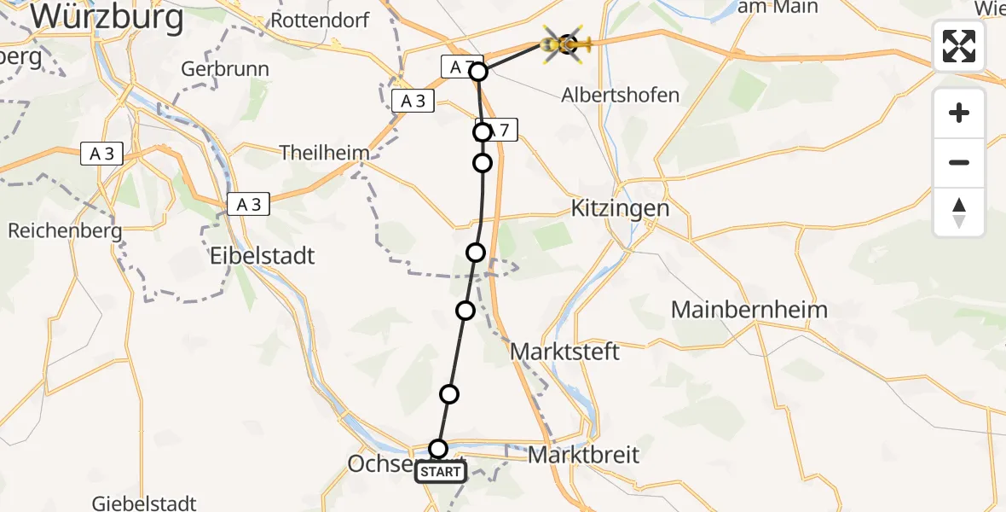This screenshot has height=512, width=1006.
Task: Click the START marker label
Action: coord(441,472)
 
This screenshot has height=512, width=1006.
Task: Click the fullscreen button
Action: coord(959,46)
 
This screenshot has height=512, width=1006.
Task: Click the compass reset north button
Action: coord(959,212)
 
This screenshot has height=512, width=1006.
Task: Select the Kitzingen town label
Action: coord(620,208)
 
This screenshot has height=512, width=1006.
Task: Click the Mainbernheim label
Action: coord(749,309)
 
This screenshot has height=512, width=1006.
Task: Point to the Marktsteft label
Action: coord(564,351)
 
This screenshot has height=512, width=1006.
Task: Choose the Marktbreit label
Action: coord(583,455)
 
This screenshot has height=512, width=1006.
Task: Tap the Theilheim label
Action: coord(325,154)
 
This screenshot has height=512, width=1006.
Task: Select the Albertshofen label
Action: coord(620,95)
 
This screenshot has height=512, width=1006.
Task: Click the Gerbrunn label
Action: coord(225,69)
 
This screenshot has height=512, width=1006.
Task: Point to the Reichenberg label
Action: coord(65,230)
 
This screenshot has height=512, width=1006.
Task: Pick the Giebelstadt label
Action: coord(145,503)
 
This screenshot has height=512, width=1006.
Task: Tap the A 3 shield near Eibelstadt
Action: coord(248,205)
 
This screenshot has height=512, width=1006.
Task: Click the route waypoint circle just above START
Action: coord(437,449)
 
